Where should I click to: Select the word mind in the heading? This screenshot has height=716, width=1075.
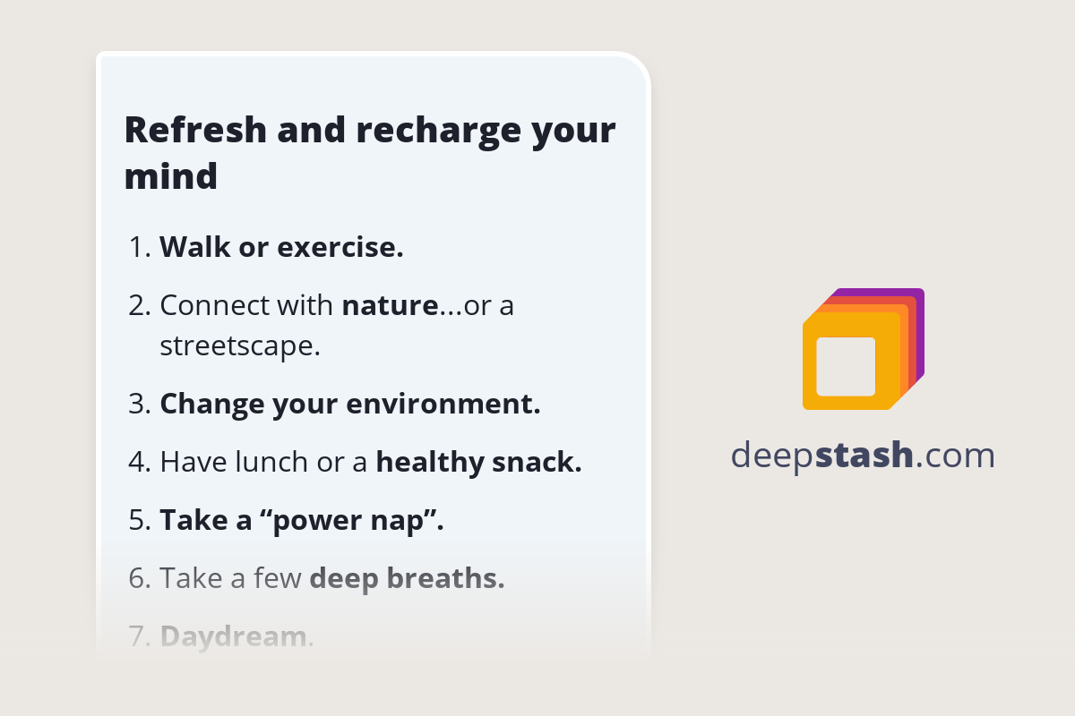pos(170,176)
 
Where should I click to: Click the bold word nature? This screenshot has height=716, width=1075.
pos(390,306)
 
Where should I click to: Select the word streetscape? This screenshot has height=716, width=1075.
pos(239,345)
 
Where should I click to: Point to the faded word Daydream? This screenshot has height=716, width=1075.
pos(233,636)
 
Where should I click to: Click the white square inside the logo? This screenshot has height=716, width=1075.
pos(846,366)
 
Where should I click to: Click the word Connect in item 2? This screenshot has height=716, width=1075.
pos(215,306)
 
